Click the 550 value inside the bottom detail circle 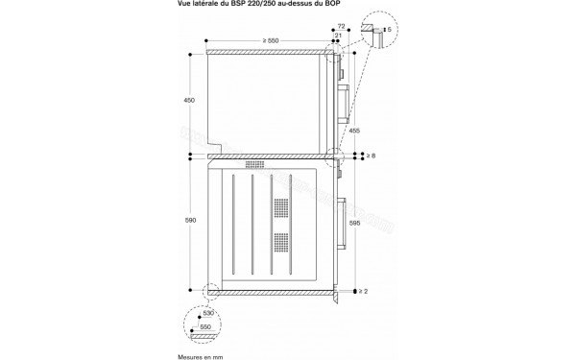click(x=206, y=328)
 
